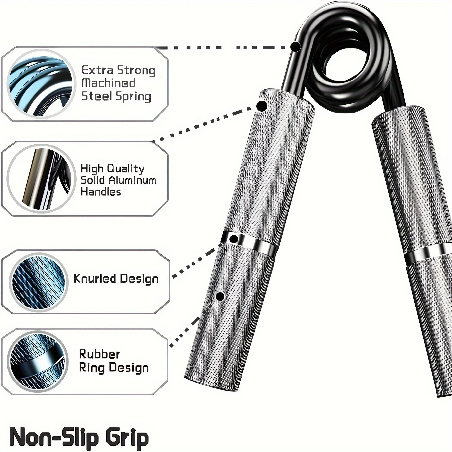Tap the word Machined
[x=108, y=83]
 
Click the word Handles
[x=101, y=192]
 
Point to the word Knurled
[x=95, y=278]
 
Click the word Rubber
[x=99, y=354]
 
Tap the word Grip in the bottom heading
[x=127, y=437]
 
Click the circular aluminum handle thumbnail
[x=40, y=179]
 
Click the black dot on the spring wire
[x=296, y=47]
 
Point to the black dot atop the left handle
[x=262, y=106]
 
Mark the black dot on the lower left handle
[x=220, y=296]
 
